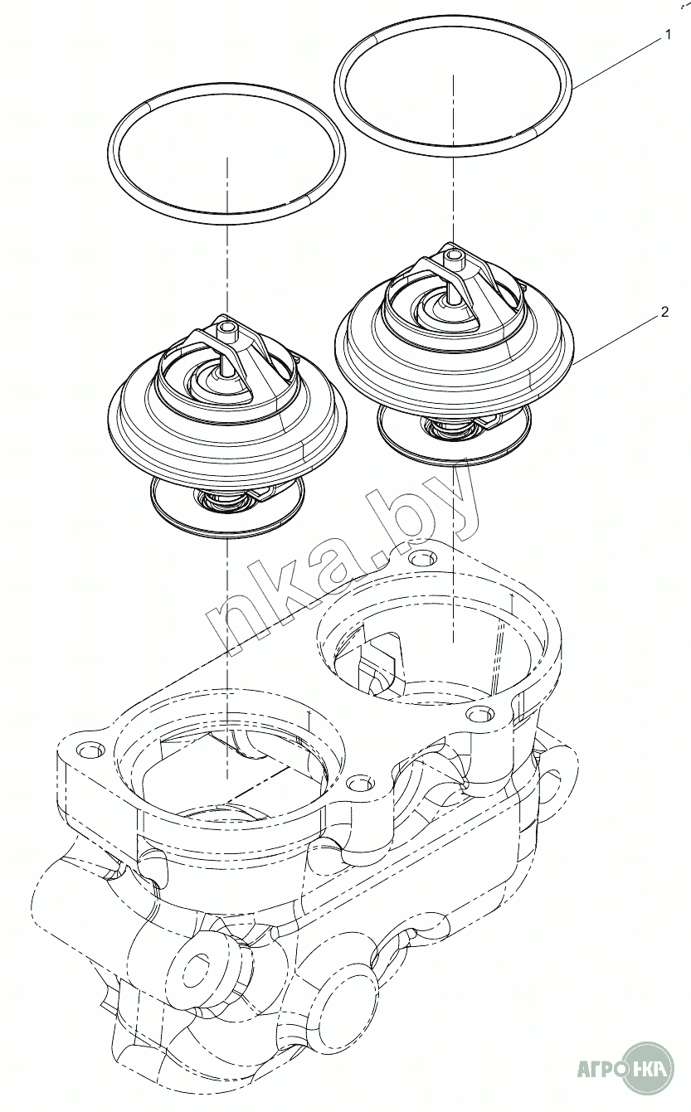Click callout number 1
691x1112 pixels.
668,35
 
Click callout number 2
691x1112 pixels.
664,312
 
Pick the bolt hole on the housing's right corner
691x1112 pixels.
479,714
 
